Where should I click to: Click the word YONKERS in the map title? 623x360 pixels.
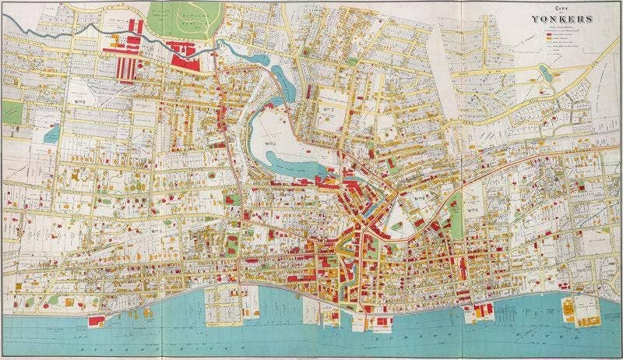[x=562, y=19]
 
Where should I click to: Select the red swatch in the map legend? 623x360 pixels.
[x=551, y=36]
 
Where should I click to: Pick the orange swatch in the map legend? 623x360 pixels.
[x=551, y=41]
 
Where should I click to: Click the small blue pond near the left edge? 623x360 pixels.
[x=52, y=133]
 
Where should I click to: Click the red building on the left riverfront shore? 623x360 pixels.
[x=97, y=319]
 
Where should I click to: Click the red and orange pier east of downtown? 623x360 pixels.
[x=479, y=310]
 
